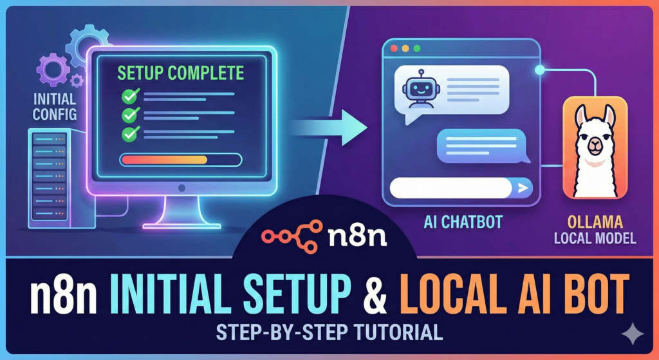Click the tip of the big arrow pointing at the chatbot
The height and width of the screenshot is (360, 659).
tap(367, 128)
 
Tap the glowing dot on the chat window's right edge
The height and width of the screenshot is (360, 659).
tap(539, 70)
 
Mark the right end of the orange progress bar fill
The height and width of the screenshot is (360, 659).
tap(207, 160)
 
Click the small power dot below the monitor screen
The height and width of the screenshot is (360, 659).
tap(181, 187)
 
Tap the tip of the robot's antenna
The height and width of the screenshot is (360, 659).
tap(421, 71)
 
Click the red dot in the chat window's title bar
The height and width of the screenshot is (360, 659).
tap(394, 48)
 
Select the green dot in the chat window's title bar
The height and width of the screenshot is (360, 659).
tap(416, 48)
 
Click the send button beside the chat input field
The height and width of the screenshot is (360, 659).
tap(523, 188)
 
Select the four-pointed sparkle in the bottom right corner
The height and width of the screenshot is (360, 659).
tap(633, 334)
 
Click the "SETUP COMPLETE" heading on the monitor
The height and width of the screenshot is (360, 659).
tap(180, 73)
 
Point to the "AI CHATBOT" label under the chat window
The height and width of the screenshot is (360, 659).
tap(463, 222)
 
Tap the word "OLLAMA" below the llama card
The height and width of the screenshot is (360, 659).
tap(594, 223)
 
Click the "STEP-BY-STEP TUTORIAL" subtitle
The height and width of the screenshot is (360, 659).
tap(329, 332)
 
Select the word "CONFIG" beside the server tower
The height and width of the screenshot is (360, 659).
tap(55, 114)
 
